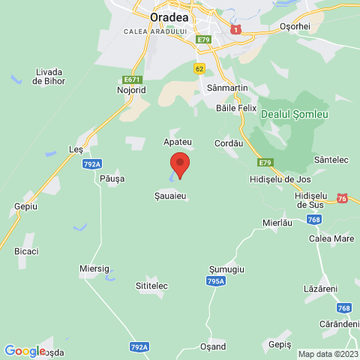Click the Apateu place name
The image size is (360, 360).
(x=178, y=141)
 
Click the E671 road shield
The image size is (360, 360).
(x=131, y=79)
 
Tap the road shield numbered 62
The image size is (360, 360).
(x=199, y=68)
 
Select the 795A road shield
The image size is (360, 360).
(x=215, y=280)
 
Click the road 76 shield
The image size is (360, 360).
(x=342, y=198)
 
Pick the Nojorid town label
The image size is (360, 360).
(x=131, y=90)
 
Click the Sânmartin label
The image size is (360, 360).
(x=223, y=88)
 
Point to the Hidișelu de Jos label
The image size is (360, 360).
(x=279, y=181)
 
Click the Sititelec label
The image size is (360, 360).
(x=151, y=286)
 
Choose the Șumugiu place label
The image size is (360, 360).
(x=226, y=268)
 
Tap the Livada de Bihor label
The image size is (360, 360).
(x=49, y=76)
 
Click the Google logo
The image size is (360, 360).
(x=24, y=350)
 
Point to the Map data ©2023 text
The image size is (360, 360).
(x=327, y=354)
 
